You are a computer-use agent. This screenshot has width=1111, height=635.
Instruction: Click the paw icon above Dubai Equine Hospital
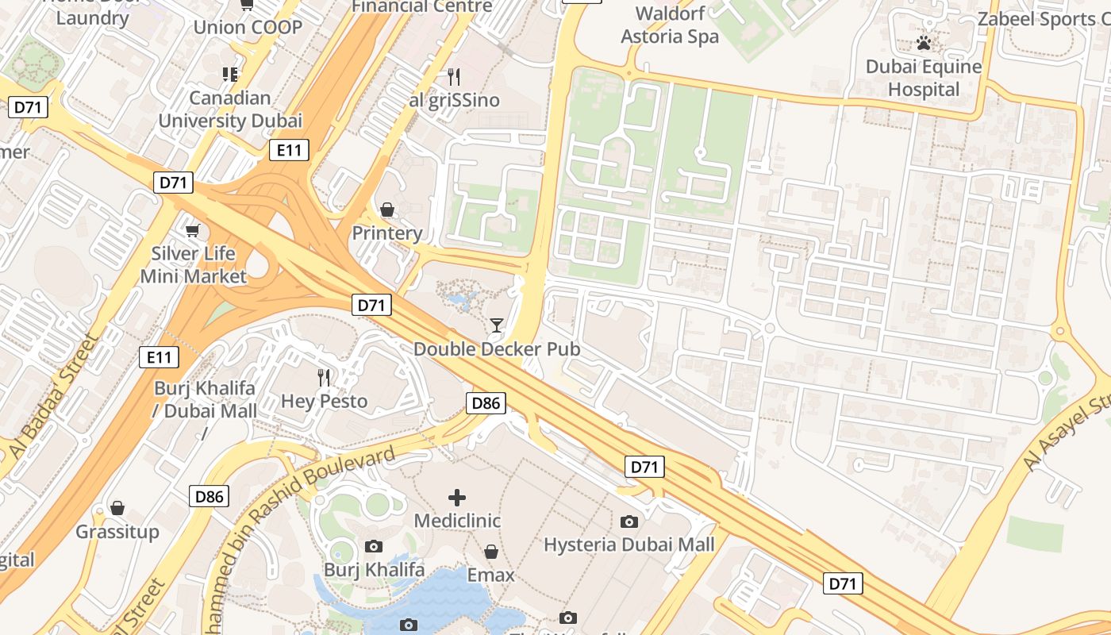[924, 43]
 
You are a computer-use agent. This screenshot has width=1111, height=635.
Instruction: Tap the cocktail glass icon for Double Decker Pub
[497, 325]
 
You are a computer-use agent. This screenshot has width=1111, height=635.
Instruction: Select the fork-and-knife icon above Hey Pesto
[324, 377]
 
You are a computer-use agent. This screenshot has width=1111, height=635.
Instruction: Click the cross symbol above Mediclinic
[457, 498]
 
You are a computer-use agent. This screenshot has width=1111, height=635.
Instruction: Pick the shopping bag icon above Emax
[491, 551]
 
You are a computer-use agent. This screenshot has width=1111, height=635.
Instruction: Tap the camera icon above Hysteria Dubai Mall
[629, 521]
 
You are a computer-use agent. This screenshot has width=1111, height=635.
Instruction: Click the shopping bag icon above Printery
[387, 210]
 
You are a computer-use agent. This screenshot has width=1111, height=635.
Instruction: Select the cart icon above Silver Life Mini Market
[193, 230]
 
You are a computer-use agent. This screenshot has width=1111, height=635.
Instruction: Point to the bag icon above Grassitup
[117, 508]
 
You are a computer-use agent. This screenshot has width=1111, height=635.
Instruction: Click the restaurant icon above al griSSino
[454, 77]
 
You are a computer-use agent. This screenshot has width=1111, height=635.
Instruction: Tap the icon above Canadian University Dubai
[230, 75]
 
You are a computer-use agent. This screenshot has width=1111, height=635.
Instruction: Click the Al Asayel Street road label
[1067, 433]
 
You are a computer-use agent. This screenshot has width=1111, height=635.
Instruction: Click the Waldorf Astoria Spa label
[670, 25]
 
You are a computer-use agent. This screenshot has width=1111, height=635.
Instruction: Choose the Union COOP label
[248, 27]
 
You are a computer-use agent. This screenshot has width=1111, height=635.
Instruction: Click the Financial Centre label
[421, 6]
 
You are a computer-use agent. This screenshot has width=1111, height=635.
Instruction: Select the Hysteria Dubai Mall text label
[629, 545]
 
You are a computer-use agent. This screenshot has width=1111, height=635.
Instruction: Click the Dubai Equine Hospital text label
[924, 78]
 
